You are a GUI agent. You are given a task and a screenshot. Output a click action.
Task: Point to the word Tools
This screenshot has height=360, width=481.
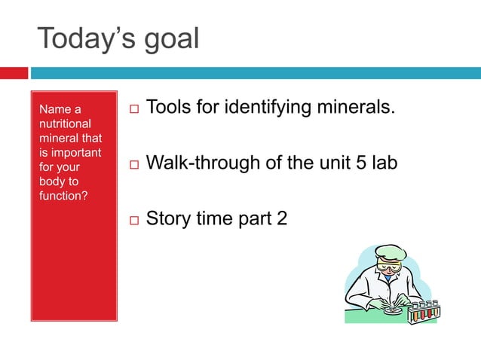[170, 108]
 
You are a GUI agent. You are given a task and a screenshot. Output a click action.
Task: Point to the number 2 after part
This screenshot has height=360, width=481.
[280, 219]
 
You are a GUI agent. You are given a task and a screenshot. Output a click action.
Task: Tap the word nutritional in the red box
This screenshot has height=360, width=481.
[65, 124]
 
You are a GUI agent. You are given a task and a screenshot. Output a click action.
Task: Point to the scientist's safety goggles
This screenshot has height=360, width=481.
[388, 265]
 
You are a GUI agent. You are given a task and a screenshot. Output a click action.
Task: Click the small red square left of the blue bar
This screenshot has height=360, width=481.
[14, 73]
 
